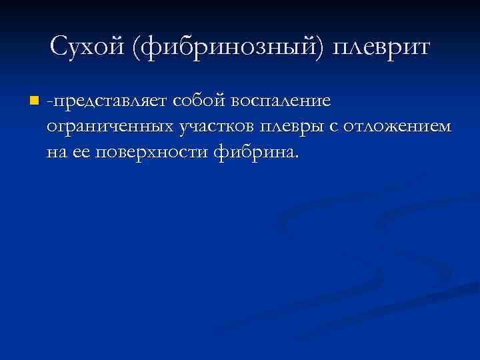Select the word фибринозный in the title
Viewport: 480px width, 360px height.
point(220,48)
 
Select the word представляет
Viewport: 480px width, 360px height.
point(111,101)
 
